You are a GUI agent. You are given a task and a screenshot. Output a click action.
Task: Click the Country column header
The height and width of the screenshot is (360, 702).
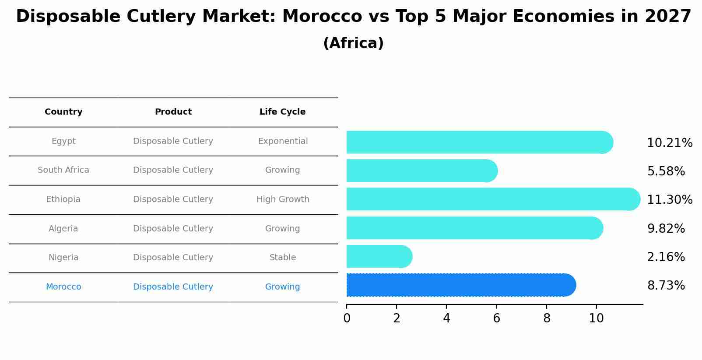click(x=63, y=112)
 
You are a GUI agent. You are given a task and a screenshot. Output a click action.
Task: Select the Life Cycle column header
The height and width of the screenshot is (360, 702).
click(x=282, y=112)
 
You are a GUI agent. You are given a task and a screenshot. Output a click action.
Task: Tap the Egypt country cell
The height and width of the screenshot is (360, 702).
click(x=63, y=141)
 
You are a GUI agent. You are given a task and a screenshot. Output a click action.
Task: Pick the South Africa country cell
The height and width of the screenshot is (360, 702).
click(x=63, y=170)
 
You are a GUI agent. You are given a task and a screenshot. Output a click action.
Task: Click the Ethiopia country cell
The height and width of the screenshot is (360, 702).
click(x=63, y=199)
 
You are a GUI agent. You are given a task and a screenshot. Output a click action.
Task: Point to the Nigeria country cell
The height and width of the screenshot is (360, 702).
click(x=63, y=258)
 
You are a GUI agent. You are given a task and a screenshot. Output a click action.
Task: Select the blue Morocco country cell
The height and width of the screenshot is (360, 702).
click(x=63, y=287)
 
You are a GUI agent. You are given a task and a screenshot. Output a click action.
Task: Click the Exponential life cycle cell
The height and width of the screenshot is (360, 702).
click(x=283, y=141)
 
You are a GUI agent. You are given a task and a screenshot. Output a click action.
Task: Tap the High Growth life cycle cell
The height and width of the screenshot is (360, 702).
click(x=283, y=199)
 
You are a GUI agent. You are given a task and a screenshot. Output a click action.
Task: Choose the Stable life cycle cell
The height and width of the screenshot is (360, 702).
click(x=283, y=258)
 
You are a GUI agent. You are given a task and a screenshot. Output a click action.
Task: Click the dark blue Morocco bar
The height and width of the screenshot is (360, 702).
click(x=460, y=285)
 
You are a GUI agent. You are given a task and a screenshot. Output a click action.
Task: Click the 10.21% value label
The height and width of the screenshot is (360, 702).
click(x=669, y=143)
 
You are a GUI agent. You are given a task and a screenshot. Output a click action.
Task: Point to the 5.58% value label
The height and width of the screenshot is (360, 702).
click(x=666, y=171)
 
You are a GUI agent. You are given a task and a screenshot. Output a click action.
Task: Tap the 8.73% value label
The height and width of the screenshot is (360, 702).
click(x=666, y=286)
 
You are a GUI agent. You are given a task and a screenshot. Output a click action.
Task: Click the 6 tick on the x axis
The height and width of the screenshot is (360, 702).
click(x=496, y=318)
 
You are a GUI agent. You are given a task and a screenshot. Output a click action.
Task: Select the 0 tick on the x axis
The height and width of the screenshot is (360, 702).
click(x=347, y=318)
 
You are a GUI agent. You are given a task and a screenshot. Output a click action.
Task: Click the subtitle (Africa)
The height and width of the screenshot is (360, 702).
click(x=353, y=43)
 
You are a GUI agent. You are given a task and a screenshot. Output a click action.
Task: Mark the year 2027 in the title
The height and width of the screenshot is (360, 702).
click(x=668, y=17)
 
